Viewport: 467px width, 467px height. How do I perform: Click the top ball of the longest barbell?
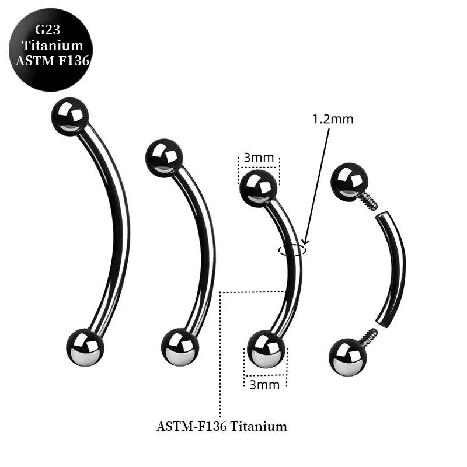point(69,116)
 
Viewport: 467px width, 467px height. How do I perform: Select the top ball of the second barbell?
point(164,157)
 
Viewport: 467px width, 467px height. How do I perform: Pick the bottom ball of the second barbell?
point(180,347)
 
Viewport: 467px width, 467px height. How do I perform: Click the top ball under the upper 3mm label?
point(258,187)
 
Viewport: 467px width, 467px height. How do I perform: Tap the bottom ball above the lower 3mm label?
point(266,349)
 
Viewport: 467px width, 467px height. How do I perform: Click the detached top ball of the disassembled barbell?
point(349,182)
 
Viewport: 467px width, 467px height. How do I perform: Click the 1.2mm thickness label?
point(333,119)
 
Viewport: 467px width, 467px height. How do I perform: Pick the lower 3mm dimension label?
point(265,384)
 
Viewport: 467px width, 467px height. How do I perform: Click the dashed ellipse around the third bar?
point(291,250)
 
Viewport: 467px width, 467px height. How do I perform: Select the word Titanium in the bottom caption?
point(259,426)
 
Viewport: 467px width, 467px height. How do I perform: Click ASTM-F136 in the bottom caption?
point(192,426)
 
